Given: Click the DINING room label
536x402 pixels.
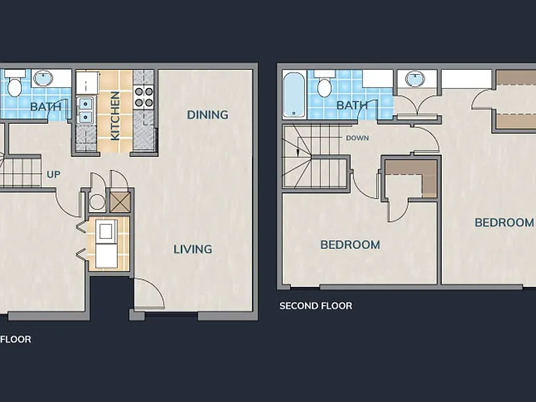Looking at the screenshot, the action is tap(207, 115).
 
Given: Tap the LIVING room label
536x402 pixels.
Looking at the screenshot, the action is tap(193, 249).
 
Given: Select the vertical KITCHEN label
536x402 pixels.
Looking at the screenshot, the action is tap(115, 116).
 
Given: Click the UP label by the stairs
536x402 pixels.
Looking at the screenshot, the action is tap(53, 174).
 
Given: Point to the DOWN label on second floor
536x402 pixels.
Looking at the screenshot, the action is tap(357, 138).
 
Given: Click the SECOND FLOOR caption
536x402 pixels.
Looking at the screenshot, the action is tap(315, 306).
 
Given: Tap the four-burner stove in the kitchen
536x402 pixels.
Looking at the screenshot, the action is tap(144, 97).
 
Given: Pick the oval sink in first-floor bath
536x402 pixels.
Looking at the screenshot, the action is tap(43, 79).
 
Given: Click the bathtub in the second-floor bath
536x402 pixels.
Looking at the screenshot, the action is tap(294, 95).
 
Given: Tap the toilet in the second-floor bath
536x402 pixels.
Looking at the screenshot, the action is tap(325, 84).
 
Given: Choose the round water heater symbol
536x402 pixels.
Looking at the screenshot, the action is tap(97, 202).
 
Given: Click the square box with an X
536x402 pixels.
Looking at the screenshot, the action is tap(120, 202).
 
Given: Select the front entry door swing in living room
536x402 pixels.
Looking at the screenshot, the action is tap(149, 294).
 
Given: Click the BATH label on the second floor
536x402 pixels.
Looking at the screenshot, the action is tap(352, 105).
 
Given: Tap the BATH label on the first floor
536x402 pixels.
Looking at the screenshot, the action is tap(45, 107).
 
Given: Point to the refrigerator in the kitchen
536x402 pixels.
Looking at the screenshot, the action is tap(87, 82).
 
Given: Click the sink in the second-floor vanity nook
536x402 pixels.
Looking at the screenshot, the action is tap(415, 80).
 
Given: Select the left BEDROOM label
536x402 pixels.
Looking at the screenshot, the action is tap(350, 245).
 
